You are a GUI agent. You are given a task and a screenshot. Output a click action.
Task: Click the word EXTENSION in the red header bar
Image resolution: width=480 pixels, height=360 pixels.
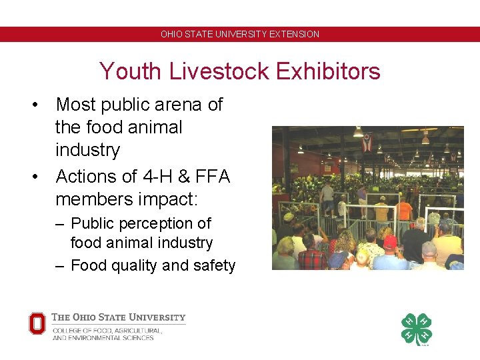click(x=294, y=34)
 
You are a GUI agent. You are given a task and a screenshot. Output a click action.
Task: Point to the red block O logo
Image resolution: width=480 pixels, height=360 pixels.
click(x=37, y=323)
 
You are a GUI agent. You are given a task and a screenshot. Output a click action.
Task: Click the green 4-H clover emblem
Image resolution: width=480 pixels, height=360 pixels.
click(x=416, y=329)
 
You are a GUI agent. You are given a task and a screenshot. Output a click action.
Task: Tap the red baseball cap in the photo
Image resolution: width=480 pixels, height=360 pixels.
click(x=390, y=241)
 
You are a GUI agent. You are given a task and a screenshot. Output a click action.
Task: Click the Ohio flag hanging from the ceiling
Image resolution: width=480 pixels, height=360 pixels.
click(x=366, y=142)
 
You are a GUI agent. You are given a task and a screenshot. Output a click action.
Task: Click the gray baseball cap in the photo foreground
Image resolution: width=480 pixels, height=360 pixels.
click(x=429, y=249)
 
